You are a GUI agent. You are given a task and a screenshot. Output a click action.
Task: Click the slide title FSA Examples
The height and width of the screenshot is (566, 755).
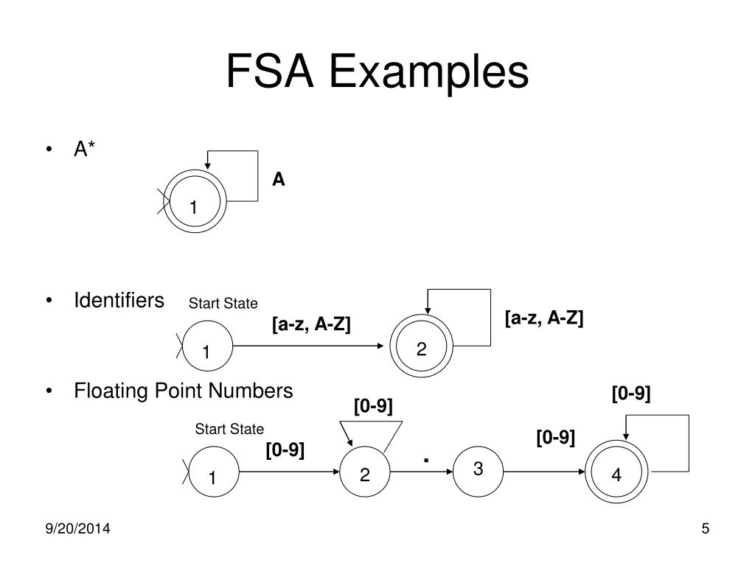pos(377,71)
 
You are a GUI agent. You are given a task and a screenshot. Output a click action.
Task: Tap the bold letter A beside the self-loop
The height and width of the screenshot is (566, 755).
pos(278,180)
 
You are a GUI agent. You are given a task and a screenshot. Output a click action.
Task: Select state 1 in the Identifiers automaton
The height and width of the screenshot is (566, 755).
pos(207,346)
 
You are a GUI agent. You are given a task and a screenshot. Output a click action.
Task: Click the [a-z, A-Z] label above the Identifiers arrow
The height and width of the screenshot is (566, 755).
pos(311,324)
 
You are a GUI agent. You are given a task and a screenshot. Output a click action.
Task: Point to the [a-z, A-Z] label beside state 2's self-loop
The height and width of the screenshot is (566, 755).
pos(544,318)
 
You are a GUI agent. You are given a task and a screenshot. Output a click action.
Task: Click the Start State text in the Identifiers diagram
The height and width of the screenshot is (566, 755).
pos(223,303)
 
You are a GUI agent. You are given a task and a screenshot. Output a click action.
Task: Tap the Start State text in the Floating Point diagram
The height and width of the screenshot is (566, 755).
pos(229,430)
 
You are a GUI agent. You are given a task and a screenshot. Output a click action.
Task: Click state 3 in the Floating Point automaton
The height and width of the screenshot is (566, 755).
pos(478,469)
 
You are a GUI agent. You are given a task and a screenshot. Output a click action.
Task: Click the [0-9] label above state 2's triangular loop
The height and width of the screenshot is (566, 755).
pos(373,406)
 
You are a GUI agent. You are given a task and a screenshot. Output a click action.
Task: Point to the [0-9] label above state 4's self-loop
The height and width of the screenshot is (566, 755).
pos(631,394)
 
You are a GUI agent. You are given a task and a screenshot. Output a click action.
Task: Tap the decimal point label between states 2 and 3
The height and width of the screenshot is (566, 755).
pos(426,461)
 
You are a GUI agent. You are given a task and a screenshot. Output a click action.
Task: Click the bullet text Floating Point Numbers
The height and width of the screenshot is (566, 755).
pos(184,391)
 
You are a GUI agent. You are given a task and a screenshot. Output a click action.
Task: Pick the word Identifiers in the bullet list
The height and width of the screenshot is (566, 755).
pos(119,301)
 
